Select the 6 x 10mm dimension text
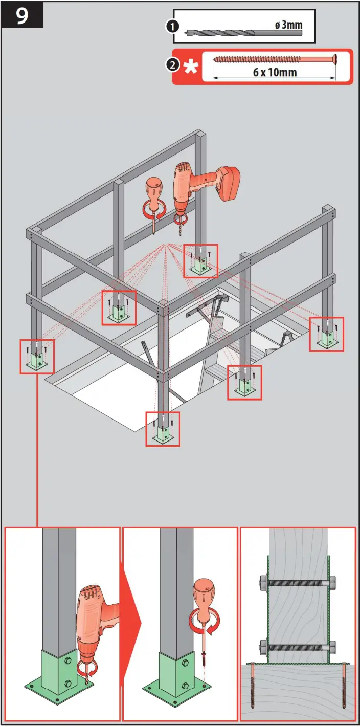(274, 72)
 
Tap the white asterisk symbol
(191, 67)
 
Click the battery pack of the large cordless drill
(228, 184)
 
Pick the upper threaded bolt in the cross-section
(298, 582)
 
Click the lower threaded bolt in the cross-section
(298, 647)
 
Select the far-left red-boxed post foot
(37, 357)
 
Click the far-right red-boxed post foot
(326, 334)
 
